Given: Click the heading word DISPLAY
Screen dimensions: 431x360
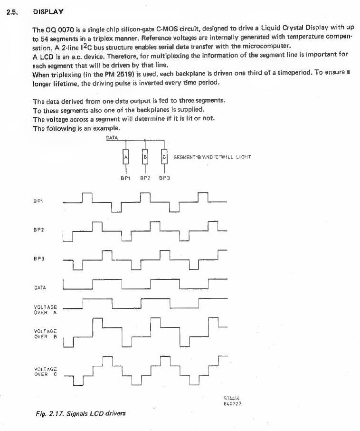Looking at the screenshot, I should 48,10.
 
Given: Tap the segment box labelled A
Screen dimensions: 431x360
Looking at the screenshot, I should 126,156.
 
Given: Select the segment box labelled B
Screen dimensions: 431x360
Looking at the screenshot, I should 145,156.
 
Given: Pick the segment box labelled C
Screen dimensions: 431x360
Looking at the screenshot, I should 164,156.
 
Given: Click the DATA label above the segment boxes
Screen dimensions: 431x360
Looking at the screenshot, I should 112,138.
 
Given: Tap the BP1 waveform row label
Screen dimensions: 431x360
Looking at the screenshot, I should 38,201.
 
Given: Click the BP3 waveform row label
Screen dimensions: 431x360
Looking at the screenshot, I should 38,259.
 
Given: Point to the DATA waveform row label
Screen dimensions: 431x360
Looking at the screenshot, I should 40,287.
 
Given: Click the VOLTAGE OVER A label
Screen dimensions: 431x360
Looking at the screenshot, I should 45,310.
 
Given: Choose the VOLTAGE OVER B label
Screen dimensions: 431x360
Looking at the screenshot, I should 45,334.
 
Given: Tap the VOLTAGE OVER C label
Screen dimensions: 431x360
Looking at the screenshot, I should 45,372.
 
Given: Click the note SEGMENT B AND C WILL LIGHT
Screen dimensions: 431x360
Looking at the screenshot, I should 212,157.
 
